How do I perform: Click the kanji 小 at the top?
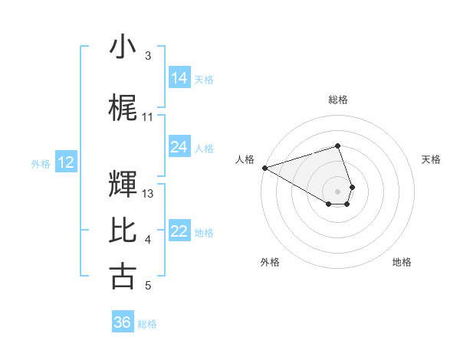[x=123, y=47]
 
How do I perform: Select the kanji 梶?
[x=123, y=108]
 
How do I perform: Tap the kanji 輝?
[x=123, y=184]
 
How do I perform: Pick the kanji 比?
[x=123, y=231]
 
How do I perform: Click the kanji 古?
[x=123, y=276]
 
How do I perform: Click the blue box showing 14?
[x=179, y=78]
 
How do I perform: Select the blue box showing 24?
[x=179, y=147]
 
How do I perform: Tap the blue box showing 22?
[x=179, y=231]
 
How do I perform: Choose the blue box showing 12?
[x=66, y=162]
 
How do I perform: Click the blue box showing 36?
[x=123, y=322]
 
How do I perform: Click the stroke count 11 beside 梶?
[x=148, y=117]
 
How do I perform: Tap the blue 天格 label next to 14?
[x=204, y=79]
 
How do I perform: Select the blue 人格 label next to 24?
[x=204, y=148]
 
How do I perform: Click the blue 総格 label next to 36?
[x=147, y=324]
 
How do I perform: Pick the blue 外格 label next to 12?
[x=41, y=163]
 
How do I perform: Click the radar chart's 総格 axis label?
[x=338, y=100]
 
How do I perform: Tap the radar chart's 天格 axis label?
[x=432, y=159]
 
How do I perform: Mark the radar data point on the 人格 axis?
[x=264, y=168]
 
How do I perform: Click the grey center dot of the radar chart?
[x=338, y=191]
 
